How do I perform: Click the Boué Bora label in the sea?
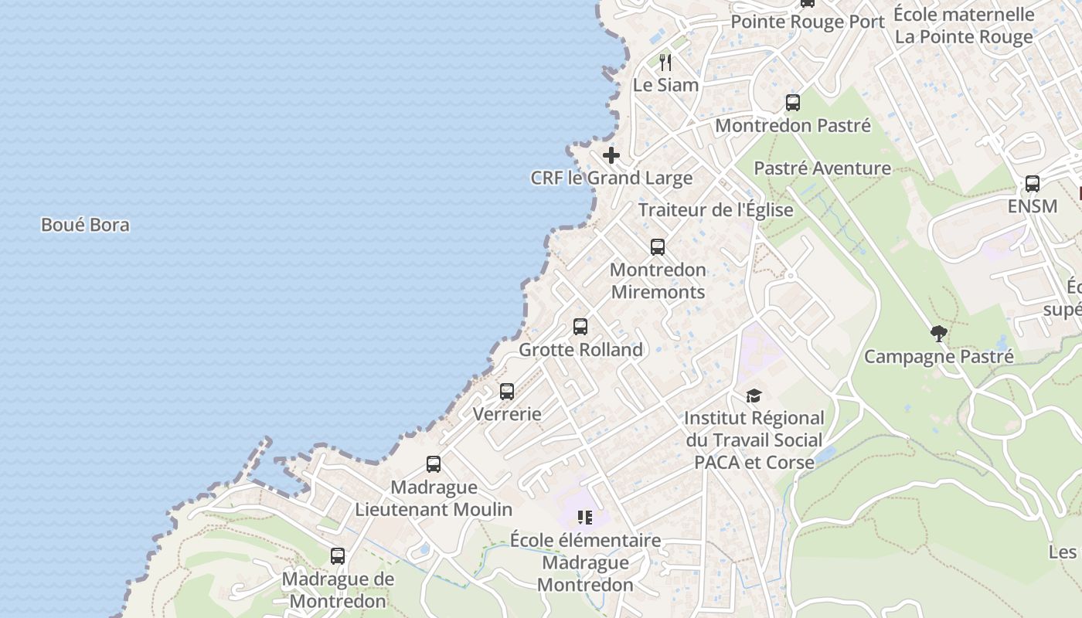click(x=85, y=225)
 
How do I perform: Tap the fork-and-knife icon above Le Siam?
click(x=665, y=62)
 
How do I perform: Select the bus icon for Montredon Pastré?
click(x=792, y=103)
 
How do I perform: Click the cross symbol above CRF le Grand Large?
click(x=611, y=155)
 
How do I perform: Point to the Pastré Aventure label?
click(x=822, y=168)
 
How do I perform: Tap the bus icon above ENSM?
click(x=1032, y=184)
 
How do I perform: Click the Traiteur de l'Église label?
click(x=716, y=209)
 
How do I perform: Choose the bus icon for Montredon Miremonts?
click(x=658, y=247)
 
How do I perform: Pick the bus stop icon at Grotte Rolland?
click(x=580, y=327)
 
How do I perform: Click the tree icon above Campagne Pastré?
click(x=939, y=334)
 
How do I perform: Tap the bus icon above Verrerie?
click(x=507, y=392)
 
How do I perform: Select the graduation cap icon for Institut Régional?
click(x=754, y=396)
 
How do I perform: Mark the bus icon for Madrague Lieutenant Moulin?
click(x=434, y=464)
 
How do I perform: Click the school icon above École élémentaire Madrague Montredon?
click(x=585, y=517)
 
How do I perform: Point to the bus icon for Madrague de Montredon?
click(x=338, y=556)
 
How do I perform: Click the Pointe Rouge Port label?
click(x=808, y=22)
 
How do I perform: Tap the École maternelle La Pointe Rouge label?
click(x=964, y=25)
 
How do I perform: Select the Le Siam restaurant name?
click(x=665, y=85)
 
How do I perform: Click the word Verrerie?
click(x=507, y=413)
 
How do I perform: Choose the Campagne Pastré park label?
click(x=939, y=356)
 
